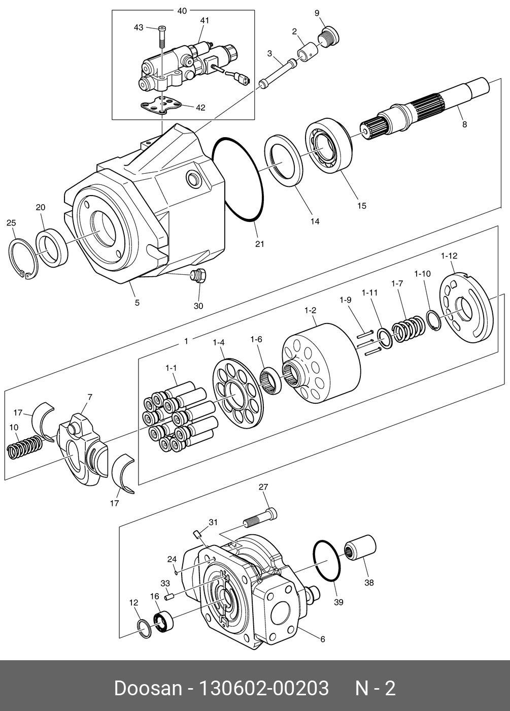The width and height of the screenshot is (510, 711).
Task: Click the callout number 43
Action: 139,27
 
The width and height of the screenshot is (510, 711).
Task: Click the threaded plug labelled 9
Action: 329,36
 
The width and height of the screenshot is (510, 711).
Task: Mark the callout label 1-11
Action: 370,293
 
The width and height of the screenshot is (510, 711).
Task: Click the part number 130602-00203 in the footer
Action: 262,688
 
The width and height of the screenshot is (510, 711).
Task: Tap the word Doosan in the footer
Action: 148,688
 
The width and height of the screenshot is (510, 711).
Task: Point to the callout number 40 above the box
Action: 182,10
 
